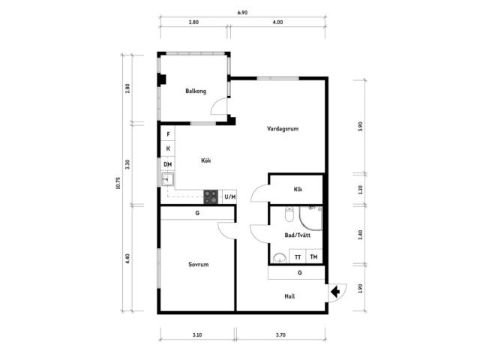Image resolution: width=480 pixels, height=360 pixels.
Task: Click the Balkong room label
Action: tap(196, 91)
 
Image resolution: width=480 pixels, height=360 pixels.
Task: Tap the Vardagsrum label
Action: tap(283, 129)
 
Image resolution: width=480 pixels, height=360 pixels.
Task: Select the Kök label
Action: tap(206, 160)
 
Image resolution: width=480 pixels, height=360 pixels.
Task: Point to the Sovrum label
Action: tap(198, 265)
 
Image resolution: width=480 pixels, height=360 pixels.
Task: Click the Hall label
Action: tap(289, 296)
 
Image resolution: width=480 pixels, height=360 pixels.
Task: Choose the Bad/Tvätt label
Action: tap(298, 235)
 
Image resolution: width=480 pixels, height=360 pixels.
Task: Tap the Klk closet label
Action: tap(298, 190)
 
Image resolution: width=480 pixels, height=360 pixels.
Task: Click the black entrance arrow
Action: tap(335, 292)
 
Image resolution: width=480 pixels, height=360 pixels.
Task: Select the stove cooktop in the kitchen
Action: tap(211, 196)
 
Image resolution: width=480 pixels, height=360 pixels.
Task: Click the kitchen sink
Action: tap(167, 180)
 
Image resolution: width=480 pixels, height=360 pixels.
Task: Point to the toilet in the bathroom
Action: tap(289, 214)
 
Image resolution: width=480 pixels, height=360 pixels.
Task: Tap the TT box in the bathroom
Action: tap(298, 256)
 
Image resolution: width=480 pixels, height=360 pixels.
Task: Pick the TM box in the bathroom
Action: tap(313, 256)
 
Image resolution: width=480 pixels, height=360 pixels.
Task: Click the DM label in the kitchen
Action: tap(167, 165)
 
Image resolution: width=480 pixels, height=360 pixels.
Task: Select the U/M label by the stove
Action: tap(230, 196)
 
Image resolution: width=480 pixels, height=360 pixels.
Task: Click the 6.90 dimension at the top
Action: tap(242, 13)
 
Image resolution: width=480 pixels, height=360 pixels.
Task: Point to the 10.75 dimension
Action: tap(118, 183)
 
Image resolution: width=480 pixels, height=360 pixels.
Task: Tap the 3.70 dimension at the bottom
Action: tap(280, 335)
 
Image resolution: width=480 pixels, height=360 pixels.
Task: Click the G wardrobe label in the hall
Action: tap(300, 272)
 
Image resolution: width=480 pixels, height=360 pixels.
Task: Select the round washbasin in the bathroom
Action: tap(279, 258)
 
